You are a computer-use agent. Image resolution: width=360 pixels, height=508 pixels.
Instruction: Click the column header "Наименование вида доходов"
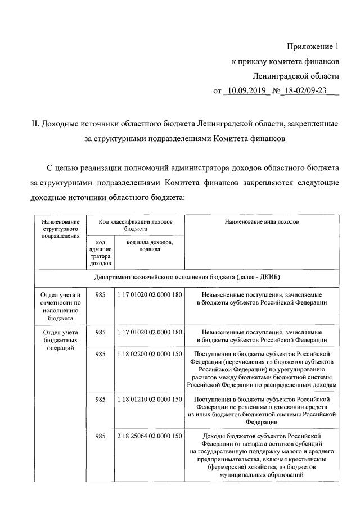coord(262,222)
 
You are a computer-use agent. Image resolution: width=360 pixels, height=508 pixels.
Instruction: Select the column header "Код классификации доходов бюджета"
coord(135,225)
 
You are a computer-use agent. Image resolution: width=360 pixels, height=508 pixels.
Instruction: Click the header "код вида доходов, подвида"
coord(150,246)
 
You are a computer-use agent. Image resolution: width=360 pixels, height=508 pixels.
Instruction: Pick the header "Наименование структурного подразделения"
coord(60,229)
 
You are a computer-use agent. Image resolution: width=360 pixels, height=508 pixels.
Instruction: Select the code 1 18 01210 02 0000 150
coord(150,400)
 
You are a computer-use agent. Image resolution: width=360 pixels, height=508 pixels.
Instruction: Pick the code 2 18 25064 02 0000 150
coord(150,436)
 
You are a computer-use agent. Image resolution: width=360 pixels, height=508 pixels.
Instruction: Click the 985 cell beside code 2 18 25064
coord(100,436)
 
